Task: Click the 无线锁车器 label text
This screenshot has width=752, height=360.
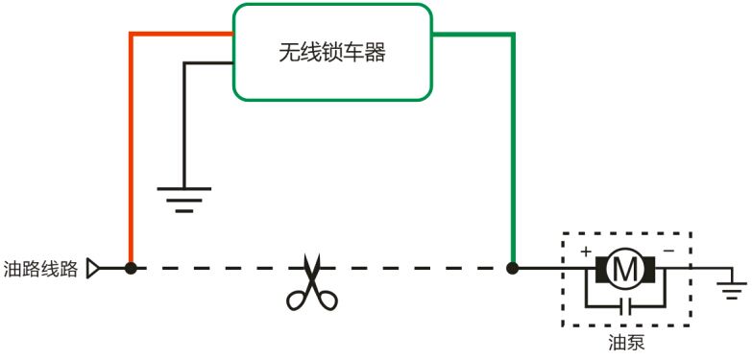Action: [x=331, y=54]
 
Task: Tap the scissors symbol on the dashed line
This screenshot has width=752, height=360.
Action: [x=310, y=282]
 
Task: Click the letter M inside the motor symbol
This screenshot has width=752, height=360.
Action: [x=625, y=270]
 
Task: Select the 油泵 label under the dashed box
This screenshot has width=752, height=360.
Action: [x=625, y=342]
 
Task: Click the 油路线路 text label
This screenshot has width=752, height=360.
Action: [x=40, y=269]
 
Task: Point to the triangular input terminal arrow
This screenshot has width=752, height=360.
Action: [x=93, y=269]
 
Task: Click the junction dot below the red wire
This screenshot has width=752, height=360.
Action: [x=131, y=268]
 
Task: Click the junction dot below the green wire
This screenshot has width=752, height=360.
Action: [x=513, y=268]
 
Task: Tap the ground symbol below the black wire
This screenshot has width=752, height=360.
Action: [x=184, y=198]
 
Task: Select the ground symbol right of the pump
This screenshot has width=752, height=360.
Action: [x=732, y=286]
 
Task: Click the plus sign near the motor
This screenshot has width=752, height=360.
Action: [x=585, y=252]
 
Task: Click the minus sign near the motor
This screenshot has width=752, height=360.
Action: [x=667, y=252]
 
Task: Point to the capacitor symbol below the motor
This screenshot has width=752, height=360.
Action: [x=625, y=307]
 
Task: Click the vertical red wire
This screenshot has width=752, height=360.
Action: [x=131, y=154]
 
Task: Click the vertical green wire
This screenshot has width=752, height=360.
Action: [x=513, y=154]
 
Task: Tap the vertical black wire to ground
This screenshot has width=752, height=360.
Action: [x=184, y=125]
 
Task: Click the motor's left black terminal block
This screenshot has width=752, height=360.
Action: [x=601, y=270]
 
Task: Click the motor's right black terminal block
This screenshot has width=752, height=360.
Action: [x=649, y=270]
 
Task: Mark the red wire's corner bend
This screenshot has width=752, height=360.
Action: [x=132, y=36]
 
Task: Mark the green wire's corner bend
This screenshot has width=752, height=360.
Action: [x=513, y=36]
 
